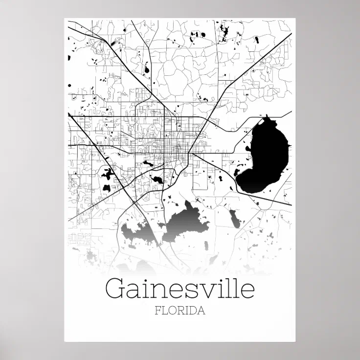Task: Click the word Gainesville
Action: pos(180,289)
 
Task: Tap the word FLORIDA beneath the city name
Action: pos(180,311)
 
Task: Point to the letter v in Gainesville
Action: pos(207,291)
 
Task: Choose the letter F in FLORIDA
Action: pos(157,311)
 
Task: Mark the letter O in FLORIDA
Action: pos(172,311)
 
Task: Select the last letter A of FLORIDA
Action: pos(201,311)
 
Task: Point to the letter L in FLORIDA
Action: pos(164,311)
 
